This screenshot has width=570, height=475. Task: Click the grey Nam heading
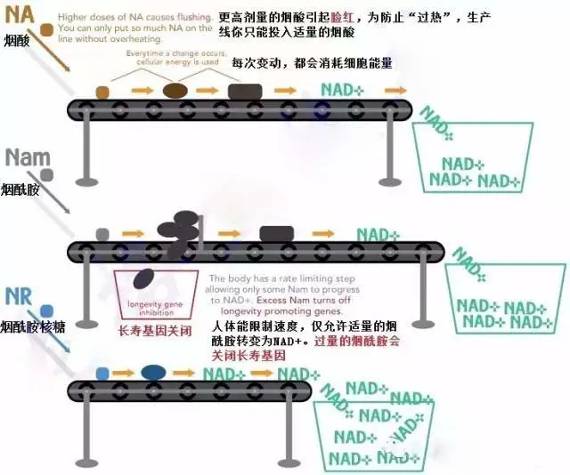(x=26, y=157)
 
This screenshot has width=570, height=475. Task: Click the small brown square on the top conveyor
(x=103, y=92)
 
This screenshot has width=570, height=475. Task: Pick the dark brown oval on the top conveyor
(x=175, y=91)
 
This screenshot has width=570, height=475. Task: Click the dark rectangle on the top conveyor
(x=245, y=91)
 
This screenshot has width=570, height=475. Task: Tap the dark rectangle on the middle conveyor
(x=276, y=234)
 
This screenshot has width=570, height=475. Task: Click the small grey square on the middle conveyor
(x=102, y=235)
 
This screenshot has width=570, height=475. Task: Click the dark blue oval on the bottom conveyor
(x=153, y=372)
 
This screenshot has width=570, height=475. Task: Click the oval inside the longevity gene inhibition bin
(x=142, y=279)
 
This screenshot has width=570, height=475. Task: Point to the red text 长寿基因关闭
(x=154, y=329)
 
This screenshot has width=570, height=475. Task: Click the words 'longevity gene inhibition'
(x=155, y=308)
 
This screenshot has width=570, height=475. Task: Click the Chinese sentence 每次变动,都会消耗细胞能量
(x=312, y=64)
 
